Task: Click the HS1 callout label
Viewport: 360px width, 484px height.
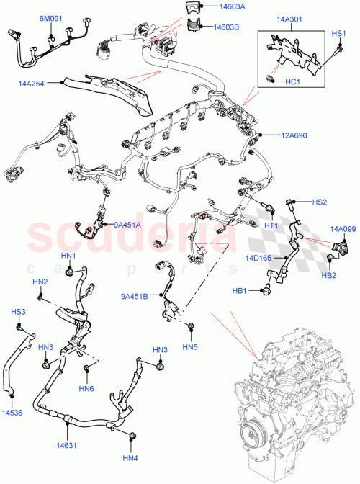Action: coord(338,33)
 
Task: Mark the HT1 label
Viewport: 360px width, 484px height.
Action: coord(271,225)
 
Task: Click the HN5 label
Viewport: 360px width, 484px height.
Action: coord(189,348)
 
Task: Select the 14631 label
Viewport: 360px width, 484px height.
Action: coord(66,446)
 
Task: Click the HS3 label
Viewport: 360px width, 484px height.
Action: coord(17,312)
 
